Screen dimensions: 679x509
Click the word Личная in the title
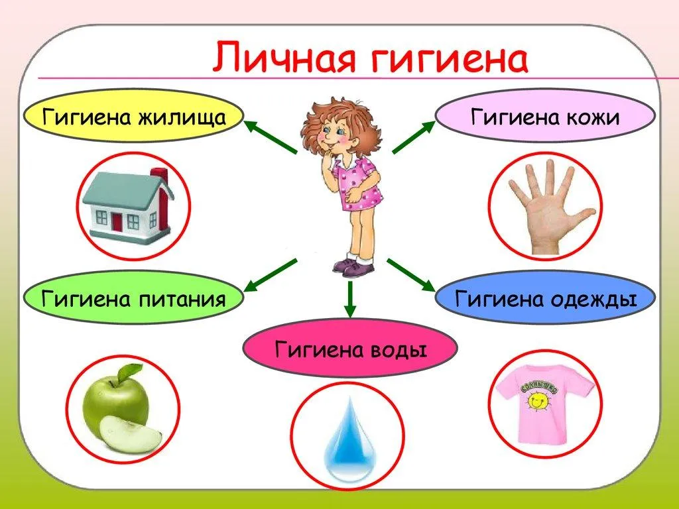pyautogui.click(x=283, y=57)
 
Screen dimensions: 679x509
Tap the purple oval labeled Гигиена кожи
pyautogui.click(x=545, y=117)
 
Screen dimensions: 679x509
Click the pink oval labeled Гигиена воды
pyautogui.click(x=350, y=349)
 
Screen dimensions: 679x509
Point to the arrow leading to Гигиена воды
pyautogui.click(x=350, y=300)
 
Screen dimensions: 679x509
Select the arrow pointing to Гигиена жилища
pyautogui.click(x=271, y=137)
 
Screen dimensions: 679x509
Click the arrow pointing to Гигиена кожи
pyautogui.click(x=414, y=137)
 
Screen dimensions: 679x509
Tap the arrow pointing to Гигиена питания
pyautogui.click(x=271, y=276)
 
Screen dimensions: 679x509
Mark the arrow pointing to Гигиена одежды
pyautogui.click(x=411, y=276)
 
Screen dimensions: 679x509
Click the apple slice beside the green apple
pyautogui.click(x=131, y=435)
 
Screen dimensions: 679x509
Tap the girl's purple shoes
pyautogui.click(x=353, y=267)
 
